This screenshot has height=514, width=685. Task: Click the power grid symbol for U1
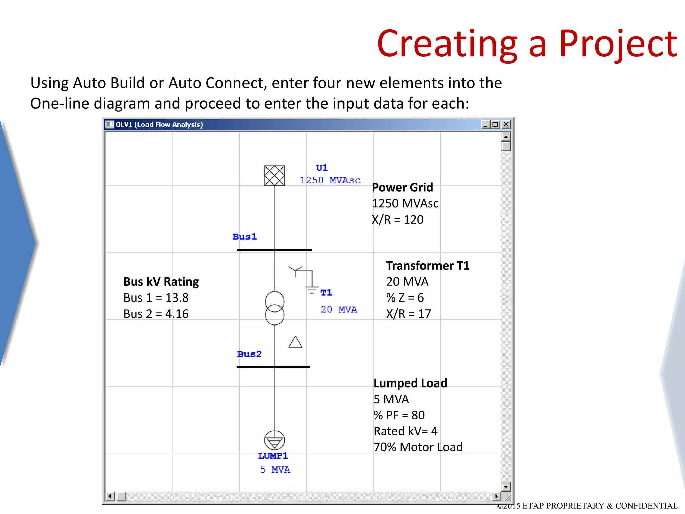pyautogui.click(x=274, y=176)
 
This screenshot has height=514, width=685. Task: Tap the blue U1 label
pyautogui.click(x=322, y=168)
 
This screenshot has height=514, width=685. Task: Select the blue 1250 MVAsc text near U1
pyautogui.click(x=330, y=180)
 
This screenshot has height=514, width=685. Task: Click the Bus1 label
pyautogui.click(x=244, y=237)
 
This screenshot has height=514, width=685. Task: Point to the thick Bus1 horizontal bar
pyautogui.click(x=274, y=250)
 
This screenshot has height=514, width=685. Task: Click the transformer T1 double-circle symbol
pyautogui.click(x=275, y=308)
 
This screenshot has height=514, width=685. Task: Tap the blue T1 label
pyautogui.click(x=326, y=293)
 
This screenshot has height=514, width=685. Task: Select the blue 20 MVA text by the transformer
pyautogui.click(x=338, y=310)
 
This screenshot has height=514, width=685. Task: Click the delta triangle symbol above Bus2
pyautogui.click(x=295, y=342)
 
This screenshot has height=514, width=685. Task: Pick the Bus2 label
pyautogui.click(x=249, y=354)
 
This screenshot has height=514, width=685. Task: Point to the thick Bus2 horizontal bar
pyautogui.click(x=274, y=367)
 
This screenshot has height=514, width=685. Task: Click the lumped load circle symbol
pyautogui.click(x=275, y=440)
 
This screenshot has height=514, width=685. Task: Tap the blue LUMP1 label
pyautogui.click(x=273, y=456)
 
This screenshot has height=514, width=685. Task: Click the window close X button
pyautogui.click(x=506, y=125)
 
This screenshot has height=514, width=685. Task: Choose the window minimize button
pyautogui.click(x=485, y=125)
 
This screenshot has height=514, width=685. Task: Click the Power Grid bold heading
pyautogui.click(x=402, y=187)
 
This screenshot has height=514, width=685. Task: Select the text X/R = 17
pyautogui.click(x=409, y=314)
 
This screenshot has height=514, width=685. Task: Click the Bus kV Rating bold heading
pyautogui.click(x=161, y=282)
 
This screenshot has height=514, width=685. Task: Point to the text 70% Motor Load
pyautogui.click(x=418, y=447)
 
